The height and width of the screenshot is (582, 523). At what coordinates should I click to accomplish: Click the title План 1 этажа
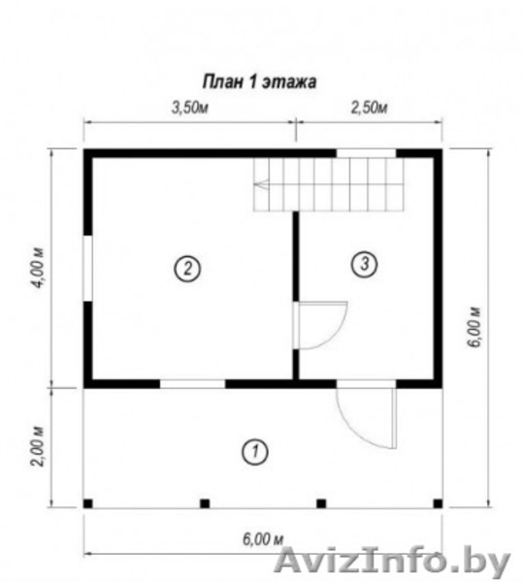[x=259, y=81]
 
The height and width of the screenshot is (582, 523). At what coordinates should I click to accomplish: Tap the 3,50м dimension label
[x=189, y=108]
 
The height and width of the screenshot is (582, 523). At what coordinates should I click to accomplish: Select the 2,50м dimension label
[x=369, y=108]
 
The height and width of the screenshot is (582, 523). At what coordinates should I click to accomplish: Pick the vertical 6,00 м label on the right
[x=474, y=327]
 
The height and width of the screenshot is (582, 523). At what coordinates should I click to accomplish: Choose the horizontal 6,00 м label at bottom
[x=263, y=539]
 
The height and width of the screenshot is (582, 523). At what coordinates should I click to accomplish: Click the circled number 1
[x=255, y=452]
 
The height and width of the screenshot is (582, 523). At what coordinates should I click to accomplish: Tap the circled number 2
[x=187, y=268]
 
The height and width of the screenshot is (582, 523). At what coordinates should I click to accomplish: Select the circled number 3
[x=365, y=264]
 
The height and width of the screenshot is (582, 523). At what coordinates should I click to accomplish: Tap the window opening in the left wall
[x=87, y=268]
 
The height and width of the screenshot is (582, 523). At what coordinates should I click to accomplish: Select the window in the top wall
[x=367, y=153]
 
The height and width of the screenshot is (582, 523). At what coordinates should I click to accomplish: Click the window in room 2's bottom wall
[x=193, y=384]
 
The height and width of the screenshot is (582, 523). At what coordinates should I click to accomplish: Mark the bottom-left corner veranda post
[x=88, y=503]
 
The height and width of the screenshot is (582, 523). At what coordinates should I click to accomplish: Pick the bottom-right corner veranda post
[x=438, y=503]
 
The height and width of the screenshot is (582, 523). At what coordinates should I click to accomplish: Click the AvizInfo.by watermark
[x=392, y=563]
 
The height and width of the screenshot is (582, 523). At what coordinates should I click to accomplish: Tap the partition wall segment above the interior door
[x=296, y=256]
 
